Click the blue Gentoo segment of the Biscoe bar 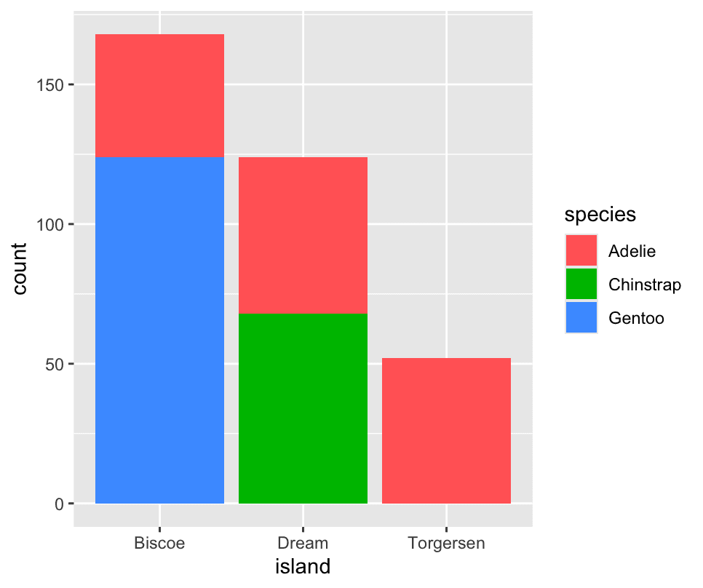159,330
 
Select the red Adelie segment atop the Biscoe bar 159,95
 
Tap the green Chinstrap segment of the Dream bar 303,408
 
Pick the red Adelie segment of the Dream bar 303,235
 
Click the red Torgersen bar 446,430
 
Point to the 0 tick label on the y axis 60,504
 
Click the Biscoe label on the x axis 159,544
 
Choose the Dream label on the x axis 303,544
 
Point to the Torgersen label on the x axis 446,544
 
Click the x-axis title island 303,566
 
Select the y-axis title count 20,269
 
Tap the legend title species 600,215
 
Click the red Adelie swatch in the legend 581,251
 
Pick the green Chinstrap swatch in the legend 581,285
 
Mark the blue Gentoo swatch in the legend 581,318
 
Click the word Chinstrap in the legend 644,285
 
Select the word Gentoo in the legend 636,318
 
